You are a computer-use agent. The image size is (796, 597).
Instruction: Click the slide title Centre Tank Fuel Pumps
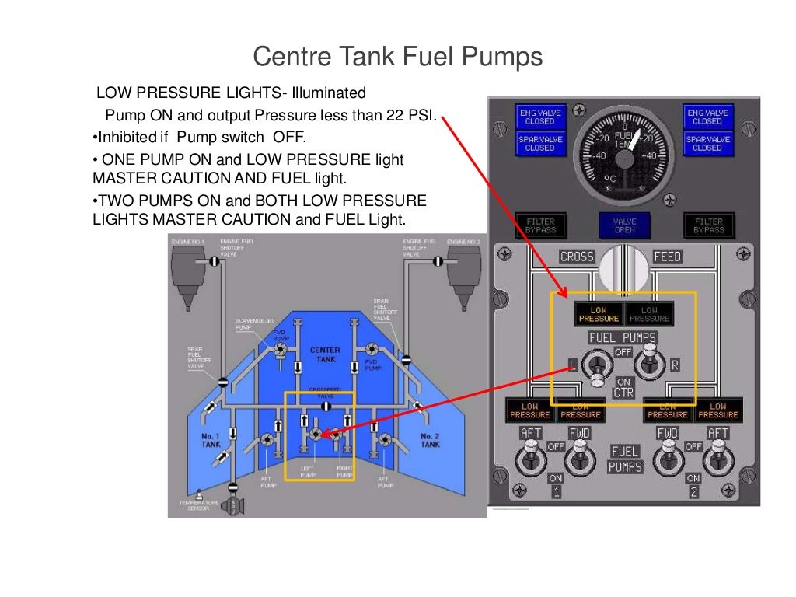point(398,58)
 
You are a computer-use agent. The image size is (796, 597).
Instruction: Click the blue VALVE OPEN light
point(624,225)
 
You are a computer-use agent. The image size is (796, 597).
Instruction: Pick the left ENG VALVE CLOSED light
point(539,117)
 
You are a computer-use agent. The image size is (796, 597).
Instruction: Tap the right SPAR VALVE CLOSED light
point(707,144)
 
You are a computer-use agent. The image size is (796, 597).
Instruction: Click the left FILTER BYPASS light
point(540,225)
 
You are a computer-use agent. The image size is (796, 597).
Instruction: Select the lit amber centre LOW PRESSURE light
point(599,313)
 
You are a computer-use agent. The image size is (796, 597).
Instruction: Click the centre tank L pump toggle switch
point(598,365)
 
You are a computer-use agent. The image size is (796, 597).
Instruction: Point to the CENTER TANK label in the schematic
point(325,355)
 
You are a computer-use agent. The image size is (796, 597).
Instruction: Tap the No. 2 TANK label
point(430,440)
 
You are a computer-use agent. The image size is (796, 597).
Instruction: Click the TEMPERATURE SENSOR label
point(198,505)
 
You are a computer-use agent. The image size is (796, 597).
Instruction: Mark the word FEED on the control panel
point(667,257)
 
